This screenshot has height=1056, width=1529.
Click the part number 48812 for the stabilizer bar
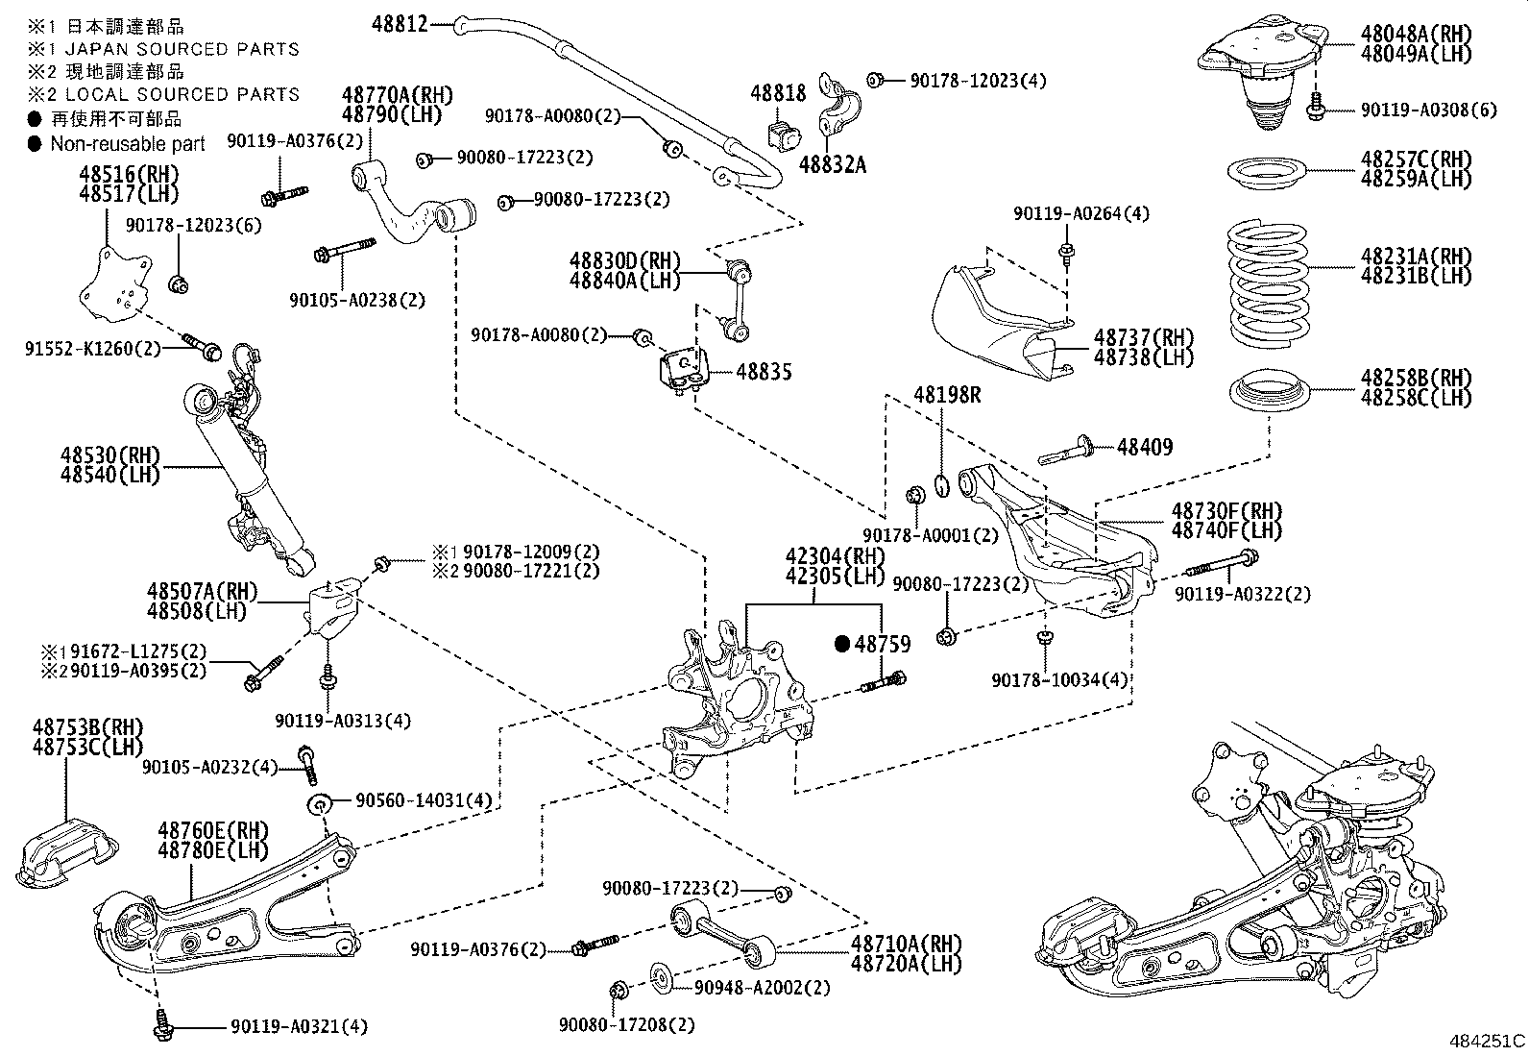[x=400, y=24]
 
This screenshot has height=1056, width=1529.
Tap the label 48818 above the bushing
[x=778, y=93]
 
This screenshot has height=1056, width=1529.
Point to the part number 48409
[x=1145, y=447]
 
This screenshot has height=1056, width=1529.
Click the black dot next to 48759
[x=842, y=644]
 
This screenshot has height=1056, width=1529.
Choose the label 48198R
[x=947, y=395]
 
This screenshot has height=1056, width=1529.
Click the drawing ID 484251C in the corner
[x=1487, y=1041]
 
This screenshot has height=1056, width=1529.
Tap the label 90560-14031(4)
[x=424, y=800]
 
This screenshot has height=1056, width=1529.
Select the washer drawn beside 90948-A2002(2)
[x=660, y=978]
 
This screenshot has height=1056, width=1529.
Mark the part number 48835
[x=764, y=372]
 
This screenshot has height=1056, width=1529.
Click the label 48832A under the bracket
[x=832, y=164]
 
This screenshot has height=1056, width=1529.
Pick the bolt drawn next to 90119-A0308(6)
[x=1315, y=109]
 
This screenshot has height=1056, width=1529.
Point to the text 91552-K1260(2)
[x=93, y=349]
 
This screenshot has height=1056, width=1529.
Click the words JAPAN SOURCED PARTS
[x=182, y=49]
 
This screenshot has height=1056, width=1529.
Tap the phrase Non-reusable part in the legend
[x=128, y=144]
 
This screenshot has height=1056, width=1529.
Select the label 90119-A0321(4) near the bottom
[x=299, y=1026]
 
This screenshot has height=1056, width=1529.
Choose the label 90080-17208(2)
[x=626, y=1025]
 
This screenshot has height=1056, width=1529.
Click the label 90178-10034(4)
[x=1059, y=679]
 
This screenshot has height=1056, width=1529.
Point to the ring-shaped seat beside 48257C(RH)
[x=1267, y=174]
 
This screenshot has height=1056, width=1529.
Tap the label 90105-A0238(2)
[x=357, y=300]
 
